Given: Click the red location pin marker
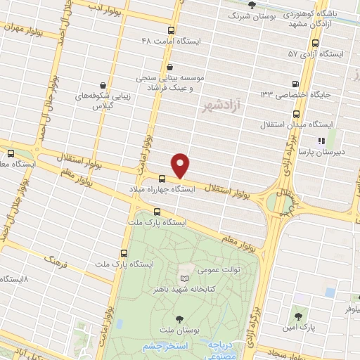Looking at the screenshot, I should (x=181, y=165).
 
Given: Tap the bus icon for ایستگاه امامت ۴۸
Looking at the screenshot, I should (x=171, y=30).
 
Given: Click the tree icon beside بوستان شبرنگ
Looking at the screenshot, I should (x=252, y=5).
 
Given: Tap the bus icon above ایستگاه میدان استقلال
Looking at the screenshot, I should (x=295, y=113).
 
